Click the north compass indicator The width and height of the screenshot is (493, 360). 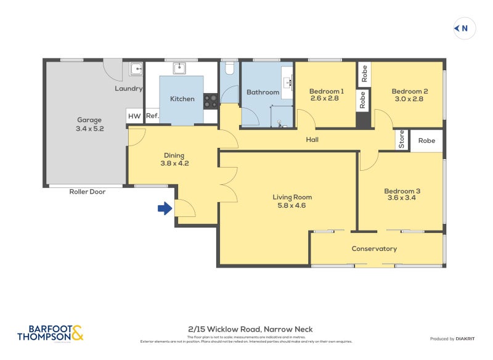tap(463, 28)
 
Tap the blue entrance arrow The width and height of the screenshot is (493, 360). tap(165, 209)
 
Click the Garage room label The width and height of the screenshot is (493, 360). tap(89, 120)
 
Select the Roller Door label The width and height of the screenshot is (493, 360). tap(87, 192)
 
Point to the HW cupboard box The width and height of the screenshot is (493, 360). tap(134, 116)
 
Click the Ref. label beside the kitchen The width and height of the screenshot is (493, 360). tap(152, 116)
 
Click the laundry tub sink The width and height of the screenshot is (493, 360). tap(136, 68)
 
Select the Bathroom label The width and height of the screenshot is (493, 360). tap(263, 92)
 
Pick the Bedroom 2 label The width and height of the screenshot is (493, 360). tap(410, 91)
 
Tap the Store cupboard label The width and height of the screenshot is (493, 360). tap(402, 140)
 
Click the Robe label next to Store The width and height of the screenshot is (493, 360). tap(426, 141)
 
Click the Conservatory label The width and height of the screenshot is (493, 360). tap(374, 249)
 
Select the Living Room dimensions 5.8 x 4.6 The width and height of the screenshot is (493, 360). tap(292, 206)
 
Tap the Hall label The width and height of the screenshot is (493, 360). tap(312, 140)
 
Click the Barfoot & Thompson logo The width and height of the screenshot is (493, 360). tap(50, 333)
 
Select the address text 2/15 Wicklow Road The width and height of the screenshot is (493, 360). tap(250, 329)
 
